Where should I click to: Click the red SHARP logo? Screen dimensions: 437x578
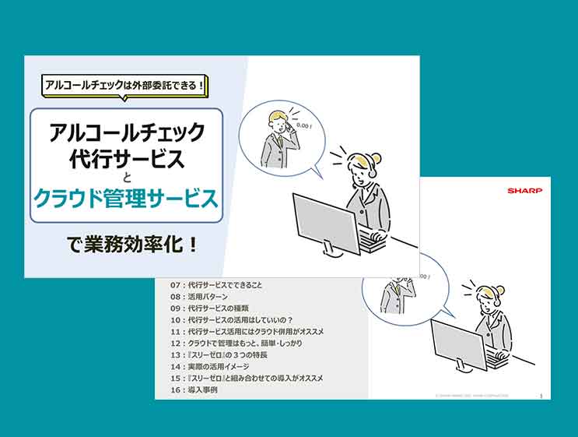(x=524, y=189)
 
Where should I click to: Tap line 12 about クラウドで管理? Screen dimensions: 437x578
(x=240, y=344)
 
